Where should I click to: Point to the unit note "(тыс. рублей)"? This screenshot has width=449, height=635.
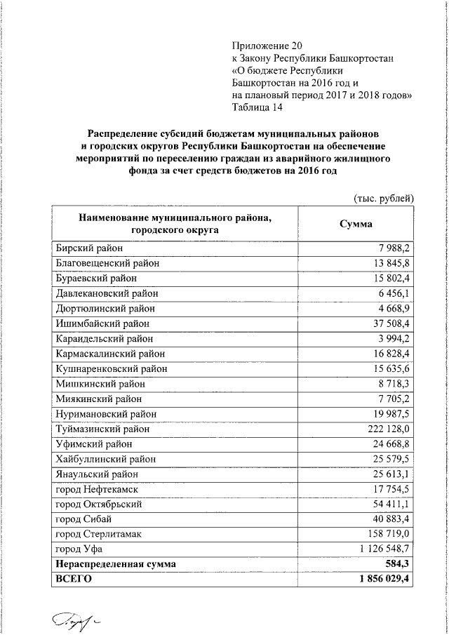[x=384, y=199]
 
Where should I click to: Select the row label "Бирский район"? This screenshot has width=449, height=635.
[x=88, y=248]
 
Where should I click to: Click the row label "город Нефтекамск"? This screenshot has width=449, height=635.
[x=95, y=488]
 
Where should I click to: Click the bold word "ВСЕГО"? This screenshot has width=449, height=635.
[x=73, y=579]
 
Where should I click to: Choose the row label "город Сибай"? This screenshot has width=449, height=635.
[x=83, y=519]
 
